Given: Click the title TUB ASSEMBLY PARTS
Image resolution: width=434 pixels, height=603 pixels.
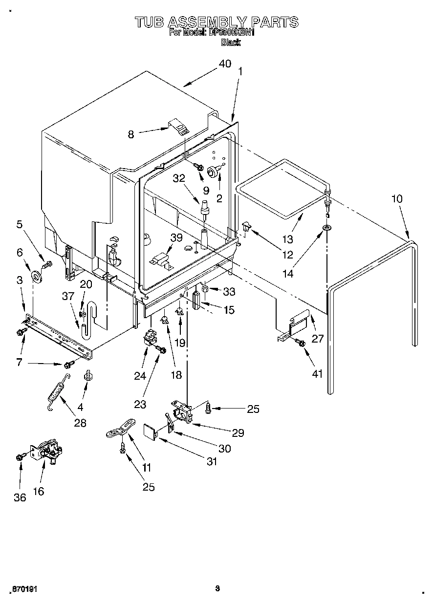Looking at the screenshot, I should tap(217, 22).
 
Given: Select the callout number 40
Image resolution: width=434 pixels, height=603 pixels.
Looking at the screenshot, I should tap(225, 64).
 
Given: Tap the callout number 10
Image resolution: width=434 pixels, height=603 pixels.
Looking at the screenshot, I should tap(397, 198).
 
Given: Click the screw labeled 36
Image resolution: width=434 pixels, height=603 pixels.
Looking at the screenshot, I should tap(20, 457).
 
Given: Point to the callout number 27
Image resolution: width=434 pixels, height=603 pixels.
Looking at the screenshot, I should tap(318, 338).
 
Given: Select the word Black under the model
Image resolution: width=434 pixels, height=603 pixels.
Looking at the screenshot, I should tap(231, 43).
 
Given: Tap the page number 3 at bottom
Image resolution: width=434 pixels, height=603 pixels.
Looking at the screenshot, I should tap(217, 588).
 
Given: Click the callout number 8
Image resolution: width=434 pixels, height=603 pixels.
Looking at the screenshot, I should tap(131, 134).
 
